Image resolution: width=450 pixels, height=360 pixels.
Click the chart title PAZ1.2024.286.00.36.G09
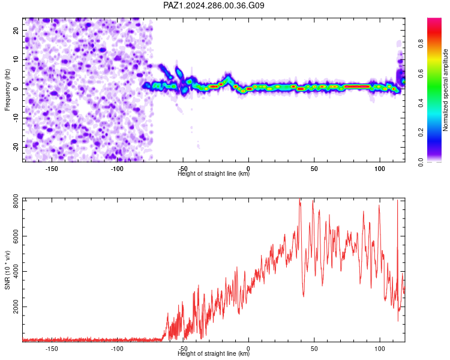click(214, 5)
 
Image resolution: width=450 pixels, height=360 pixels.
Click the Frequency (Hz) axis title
click(7, 90)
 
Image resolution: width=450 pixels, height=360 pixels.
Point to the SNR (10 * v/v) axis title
click(7, 270)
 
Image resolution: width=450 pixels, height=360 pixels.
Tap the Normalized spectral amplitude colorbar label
click(445, 90)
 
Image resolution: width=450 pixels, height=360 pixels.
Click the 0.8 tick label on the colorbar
click(421, 44)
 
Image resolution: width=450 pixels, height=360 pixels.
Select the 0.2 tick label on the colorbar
click(421, 133)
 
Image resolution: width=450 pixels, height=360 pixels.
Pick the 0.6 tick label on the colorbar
click(421, 73)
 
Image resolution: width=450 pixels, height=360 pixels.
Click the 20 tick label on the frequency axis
click(16, 30)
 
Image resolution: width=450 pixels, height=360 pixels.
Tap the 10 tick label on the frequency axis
click(16, 59)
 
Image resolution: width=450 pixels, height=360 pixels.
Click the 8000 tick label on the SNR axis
click(16, 201)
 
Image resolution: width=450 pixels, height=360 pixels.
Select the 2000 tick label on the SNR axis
click(16, 307)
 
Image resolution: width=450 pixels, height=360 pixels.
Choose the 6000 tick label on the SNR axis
click(16, 236)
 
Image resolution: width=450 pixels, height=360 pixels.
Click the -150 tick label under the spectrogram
click(52, 169)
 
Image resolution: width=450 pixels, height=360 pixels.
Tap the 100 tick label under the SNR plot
click(380, 349)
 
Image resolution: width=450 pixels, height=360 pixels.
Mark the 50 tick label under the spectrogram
click(314, 169)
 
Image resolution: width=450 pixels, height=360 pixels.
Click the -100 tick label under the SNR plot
click(117, 349)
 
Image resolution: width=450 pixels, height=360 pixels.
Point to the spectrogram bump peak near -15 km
click(229, 76)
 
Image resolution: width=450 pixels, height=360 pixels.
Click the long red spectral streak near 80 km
click(357, 86)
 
